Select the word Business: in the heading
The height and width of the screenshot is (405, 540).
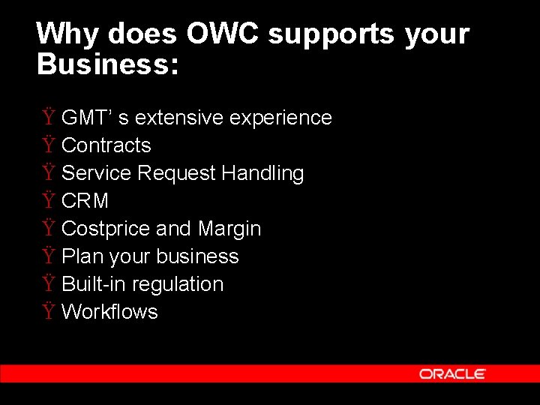coord(108,64)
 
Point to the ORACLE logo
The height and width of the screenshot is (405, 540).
coord(452,373)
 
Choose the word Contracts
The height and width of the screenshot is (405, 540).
coord(106,145)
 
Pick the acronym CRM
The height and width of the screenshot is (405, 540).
coord(85,201)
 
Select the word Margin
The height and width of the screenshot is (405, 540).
coord(229,229)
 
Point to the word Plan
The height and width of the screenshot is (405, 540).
coord(82,256)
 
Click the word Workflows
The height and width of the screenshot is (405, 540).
coord(109,312)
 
